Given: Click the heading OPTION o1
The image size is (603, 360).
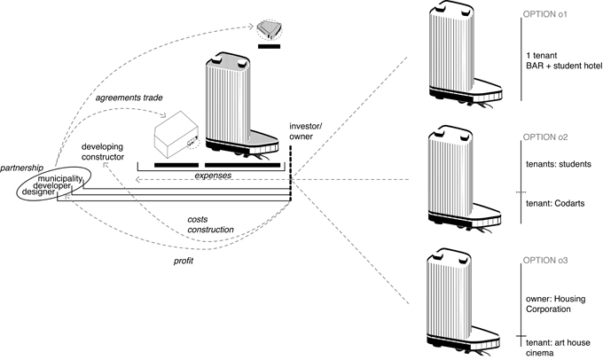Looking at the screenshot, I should (553, 14).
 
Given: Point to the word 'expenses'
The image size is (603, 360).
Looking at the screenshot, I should (214, 176).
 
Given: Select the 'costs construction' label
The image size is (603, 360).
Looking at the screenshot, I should (210, 223).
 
